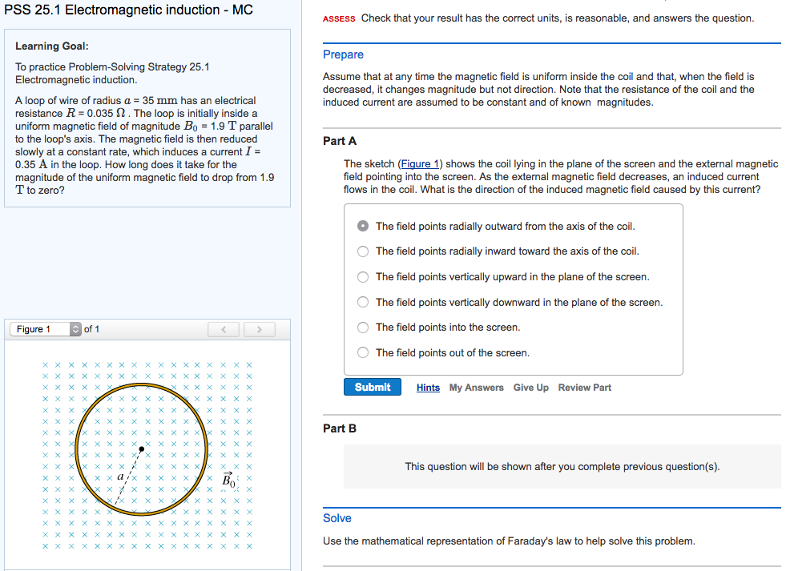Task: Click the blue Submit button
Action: tap(373, 387)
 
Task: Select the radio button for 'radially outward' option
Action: tap(363, 226)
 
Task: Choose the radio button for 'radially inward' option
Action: tap(363, 251)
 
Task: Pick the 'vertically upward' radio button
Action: tap(363, 277)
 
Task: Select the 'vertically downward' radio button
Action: tap(363, 302)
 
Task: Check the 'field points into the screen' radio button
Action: tap(363, 328)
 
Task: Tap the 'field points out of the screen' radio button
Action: tap(363, 353)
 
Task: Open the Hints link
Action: tap(428, 388)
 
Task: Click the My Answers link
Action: tap(476, 388)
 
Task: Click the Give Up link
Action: tap(530, 388)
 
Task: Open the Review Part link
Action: tap(584, 388)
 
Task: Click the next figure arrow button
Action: tap(259, 329)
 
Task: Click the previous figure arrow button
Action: tap(224, 329)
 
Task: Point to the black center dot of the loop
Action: tap(142, 449)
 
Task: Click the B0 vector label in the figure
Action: tap(229, 480)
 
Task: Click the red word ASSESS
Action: tap(339, 18)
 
